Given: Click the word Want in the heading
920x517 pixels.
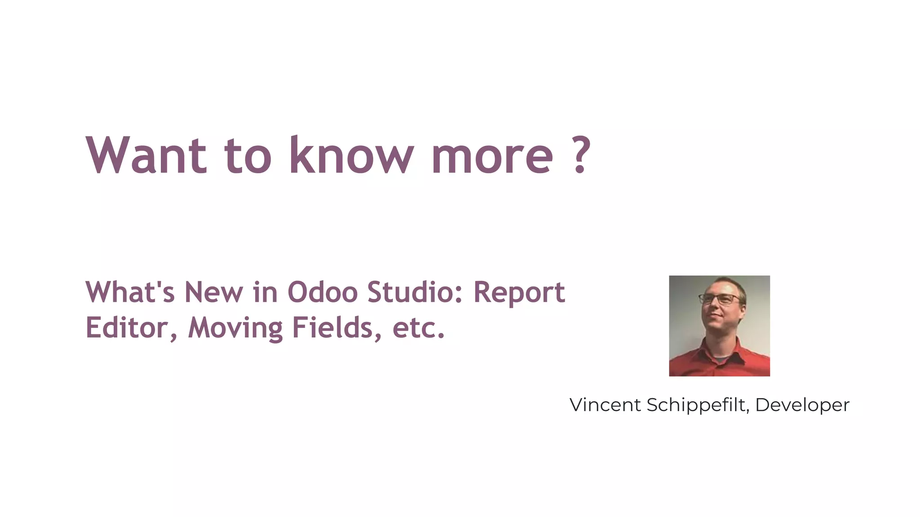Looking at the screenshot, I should [146, 155].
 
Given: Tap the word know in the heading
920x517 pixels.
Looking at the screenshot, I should [351, 155].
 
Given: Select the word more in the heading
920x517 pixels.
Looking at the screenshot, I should [492, 157].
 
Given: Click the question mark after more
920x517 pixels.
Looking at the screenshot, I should [582, 155].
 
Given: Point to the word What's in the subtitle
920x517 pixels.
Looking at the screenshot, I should [130, 292].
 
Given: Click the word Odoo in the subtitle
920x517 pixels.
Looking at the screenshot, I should [323, 292].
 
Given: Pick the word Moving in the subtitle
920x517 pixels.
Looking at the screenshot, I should [235, 329].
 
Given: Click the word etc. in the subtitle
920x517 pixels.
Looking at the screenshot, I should [418, 329].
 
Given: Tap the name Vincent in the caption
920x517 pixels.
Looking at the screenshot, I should [605, 405].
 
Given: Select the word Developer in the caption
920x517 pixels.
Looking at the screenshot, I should [802, 406].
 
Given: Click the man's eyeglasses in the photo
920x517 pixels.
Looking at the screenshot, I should [720, 299].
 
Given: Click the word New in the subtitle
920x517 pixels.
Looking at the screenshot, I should [213, 292].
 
